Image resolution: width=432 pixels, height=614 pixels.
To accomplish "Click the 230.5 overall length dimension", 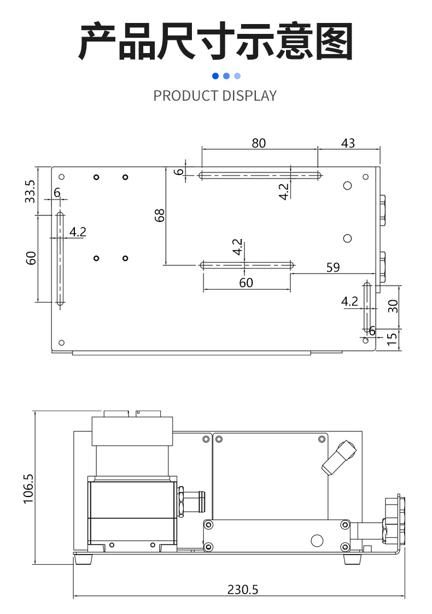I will (x=242, y=590).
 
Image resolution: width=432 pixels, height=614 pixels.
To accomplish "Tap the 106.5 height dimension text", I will (x=29, y=489).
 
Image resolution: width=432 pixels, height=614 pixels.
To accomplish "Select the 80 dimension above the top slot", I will (x=259, y=143).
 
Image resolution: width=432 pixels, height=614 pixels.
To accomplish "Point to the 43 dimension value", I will (x=348, y=143).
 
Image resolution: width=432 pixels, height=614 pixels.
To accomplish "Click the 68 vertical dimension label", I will (x=159, y=215).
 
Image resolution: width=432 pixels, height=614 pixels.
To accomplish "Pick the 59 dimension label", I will (x=332, y=267).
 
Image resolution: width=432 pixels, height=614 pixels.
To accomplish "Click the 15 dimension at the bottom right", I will (x=392, y=340).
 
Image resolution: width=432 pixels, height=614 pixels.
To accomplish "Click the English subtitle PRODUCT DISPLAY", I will (x=215, y=96).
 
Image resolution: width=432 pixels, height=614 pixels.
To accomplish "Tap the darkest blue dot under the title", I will (x=215, y=76).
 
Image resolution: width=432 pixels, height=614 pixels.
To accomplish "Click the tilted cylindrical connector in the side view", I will (x=338, y=457).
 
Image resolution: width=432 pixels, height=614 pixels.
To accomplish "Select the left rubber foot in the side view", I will (x=83, y=559).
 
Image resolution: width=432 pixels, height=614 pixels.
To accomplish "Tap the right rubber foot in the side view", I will (x=353, y=559).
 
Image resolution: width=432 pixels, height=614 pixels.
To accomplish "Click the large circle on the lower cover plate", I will (x=317, y=540).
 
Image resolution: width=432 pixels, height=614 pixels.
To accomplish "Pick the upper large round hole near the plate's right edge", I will (x=347, y=186).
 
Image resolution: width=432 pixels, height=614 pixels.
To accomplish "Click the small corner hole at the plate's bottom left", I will (x=61, y=342).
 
